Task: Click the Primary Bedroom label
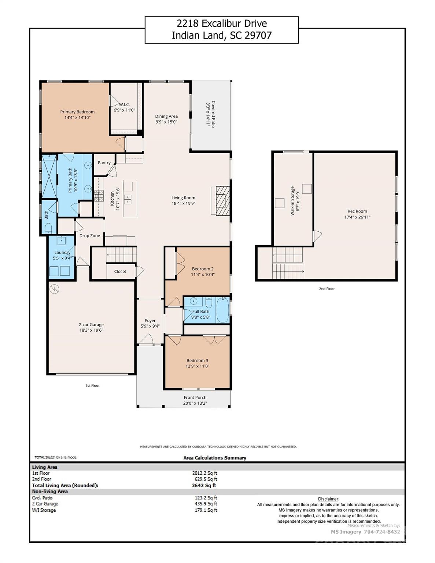click(x=77, y=112)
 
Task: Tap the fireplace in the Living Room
click(x=221, y=200)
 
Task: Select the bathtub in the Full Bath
click(x=223, y=310)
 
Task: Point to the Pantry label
click(x=104, y=163)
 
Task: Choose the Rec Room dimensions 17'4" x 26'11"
click(x=357, y=217)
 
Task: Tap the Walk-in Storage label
click(x=292, y=201)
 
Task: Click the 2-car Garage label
click(x=91, y=324)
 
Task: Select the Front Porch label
click(x=195, y=397)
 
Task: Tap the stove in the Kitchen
click(x=99, y=196)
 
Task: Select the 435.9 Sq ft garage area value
click(x=206, y=504)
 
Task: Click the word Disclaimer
click(x=328, y=499)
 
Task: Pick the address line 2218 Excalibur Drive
click(x=222, y=23)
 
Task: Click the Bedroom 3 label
click(x=197, y=361)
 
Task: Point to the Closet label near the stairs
click(x=120, y=272)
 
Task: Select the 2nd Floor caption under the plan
click(x=327, y=289)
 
